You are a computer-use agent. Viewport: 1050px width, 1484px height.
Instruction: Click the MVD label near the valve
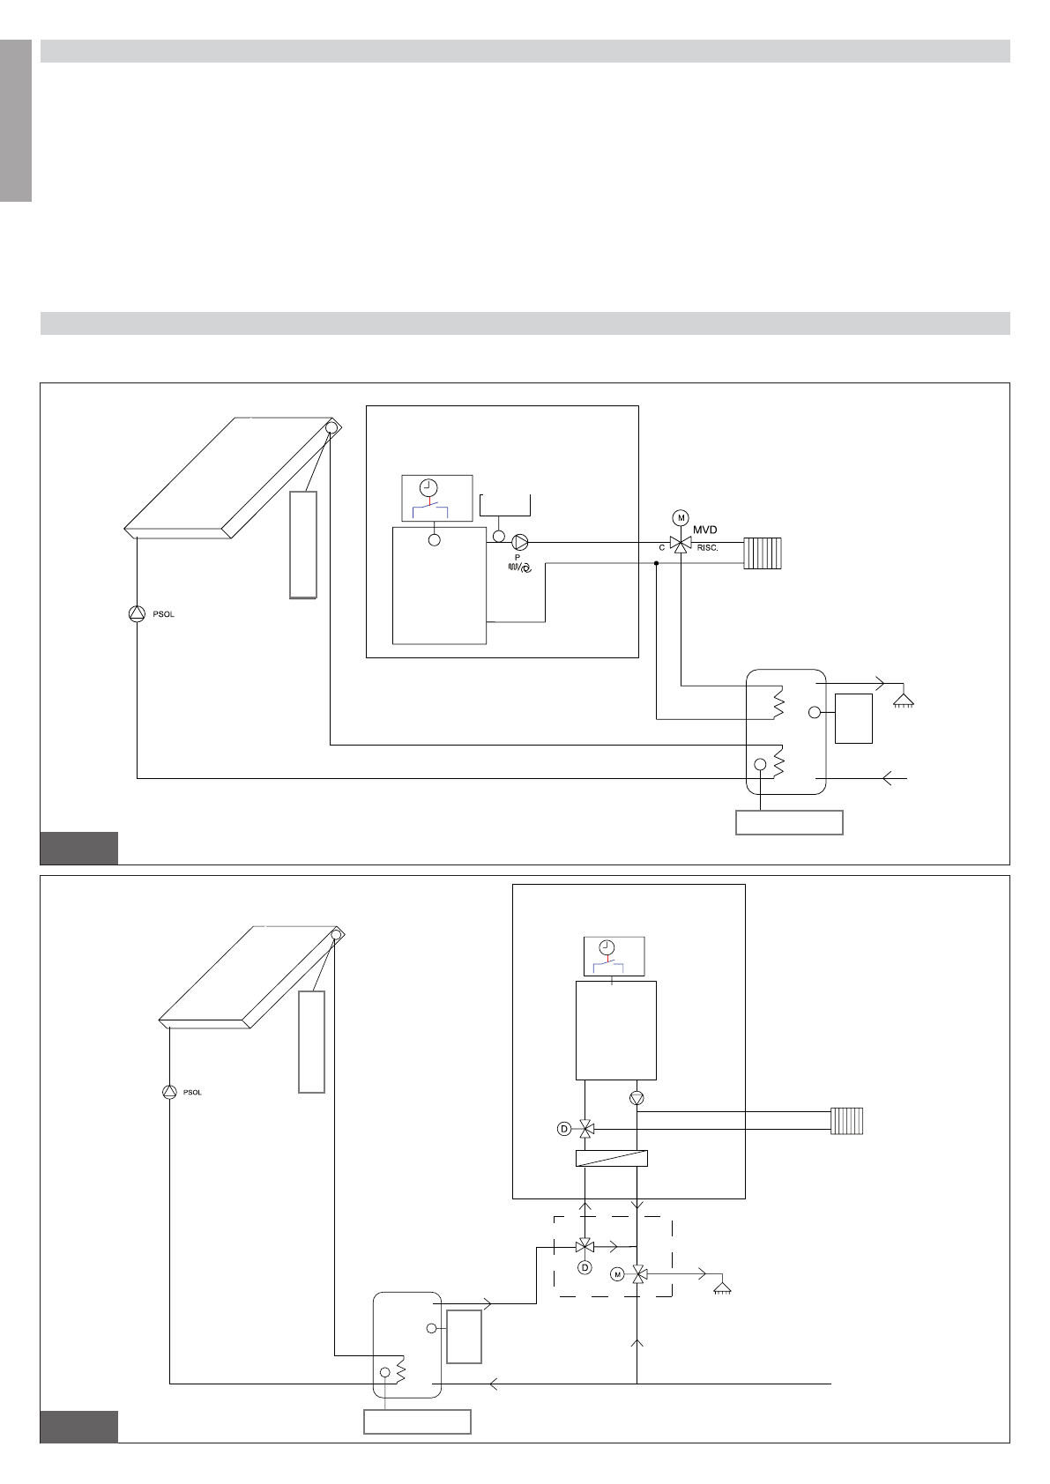pyautogui.click(x=704, y=530)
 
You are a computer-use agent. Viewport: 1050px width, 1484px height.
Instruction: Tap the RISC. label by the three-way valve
pyautogui.click(x=707, y=548)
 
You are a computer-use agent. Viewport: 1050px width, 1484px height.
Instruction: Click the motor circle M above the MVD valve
pyautogui.click(x=681, y=518)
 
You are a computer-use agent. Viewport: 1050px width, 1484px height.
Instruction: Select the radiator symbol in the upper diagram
pyautogui.click(x=763, y=553)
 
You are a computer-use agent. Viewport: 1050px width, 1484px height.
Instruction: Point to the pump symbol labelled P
pyautogui.click(x=520, y=543)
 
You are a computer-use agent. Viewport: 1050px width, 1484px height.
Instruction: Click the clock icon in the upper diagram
pyautogui.click(x=428, y=487)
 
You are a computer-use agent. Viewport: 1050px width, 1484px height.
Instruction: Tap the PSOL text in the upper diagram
pyautogui.click(x=164, y=614)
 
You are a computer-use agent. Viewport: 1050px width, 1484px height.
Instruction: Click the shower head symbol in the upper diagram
pyautogui.click(x=904, y=701)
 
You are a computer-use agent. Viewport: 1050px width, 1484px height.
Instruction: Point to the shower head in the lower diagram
pyautogui.click(x=722, y=1287)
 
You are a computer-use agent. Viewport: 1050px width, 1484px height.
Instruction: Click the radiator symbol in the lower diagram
pyautogui.click(x=846, y=1121)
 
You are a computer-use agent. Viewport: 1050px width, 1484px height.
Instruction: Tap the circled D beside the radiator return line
pyautogui.click(x=564, y=1129)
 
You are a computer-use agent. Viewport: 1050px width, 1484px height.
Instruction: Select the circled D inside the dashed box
pyautogui.click(x=585, y=1267)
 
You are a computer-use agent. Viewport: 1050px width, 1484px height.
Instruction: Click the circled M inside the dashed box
pyautogui.click(x=617, y=1274)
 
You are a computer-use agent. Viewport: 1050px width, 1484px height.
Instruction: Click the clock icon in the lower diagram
pyautogui.click(x=607, y=946)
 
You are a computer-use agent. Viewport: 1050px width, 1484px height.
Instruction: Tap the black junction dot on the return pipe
pyautogui.click(x=656, y=563)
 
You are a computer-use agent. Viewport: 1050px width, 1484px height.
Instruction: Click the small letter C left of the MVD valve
pyautogui.click(x=661, y=548)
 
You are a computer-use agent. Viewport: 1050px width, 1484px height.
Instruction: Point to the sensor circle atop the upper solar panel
pyautogui.click(x=330, y=427)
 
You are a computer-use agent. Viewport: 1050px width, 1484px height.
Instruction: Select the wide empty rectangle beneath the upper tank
pyautogui.click(x=790, y=822)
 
